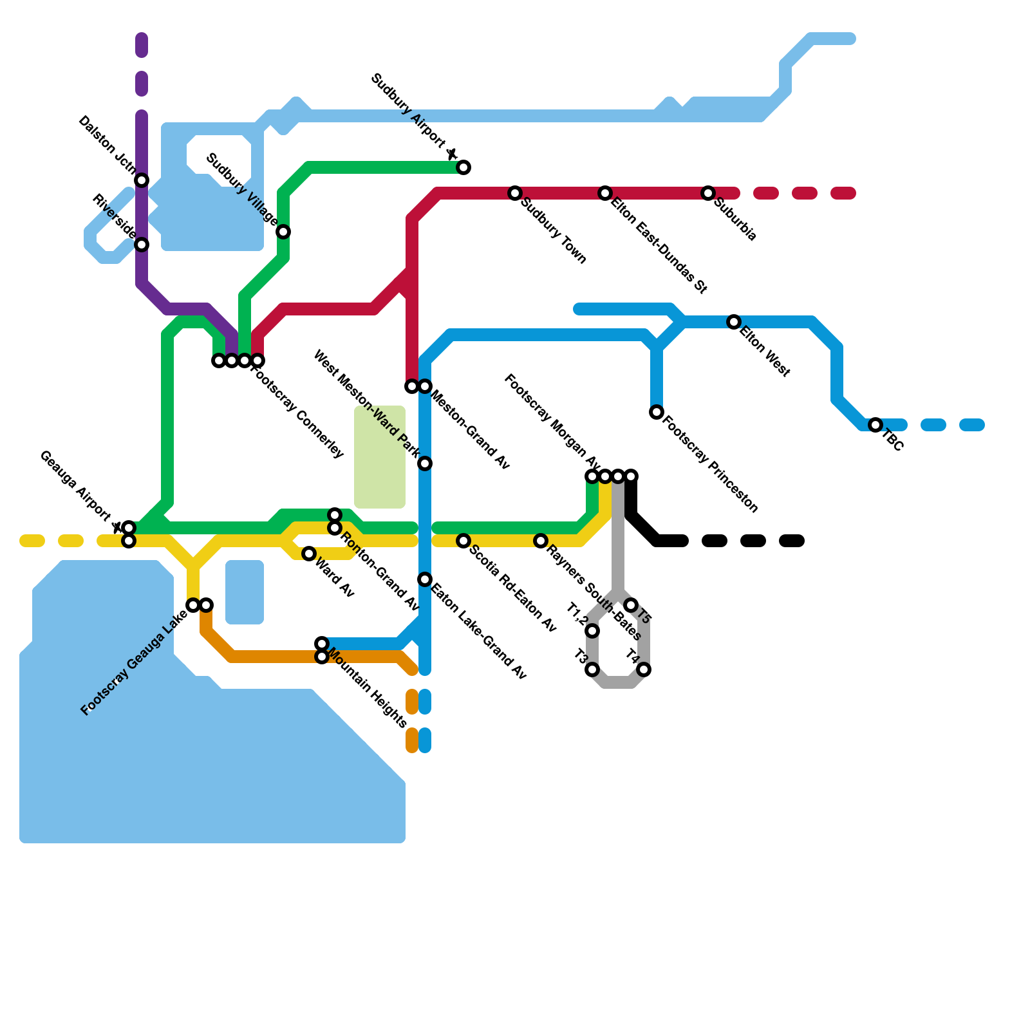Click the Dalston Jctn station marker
pos(142,180)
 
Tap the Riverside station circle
pos(142,245)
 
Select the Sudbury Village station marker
pos(283,232)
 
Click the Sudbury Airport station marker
pos(464,167)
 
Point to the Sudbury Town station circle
pos(515,193)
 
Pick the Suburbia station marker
pos(708,193)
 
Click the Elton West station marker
pos(734,322)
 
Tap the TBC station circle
pos(876,425)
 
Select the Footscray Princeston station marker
pos(657,412)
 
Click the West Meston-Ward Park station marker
pos(425,464)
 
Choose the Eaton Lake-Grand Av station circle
pos(425,579)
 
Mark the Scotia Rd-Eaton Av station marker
pos(464,541)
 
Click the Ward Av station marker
pos(309,554)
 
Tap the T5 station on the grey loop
pos(631,605)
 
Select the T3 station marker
pos(592,670)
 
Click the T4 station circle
pos(644,670)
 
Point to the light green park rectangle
pos(380,457)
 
